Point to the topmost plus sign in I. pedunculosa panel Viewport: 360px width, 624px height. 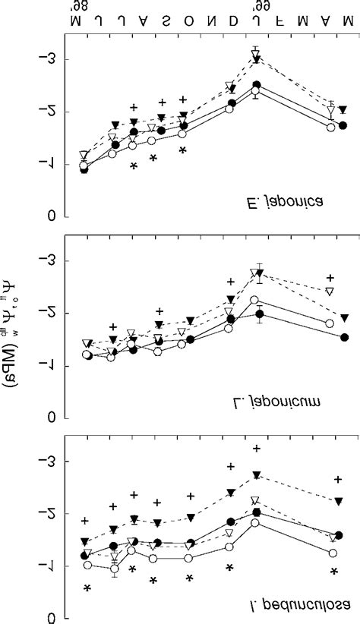coord(257,449)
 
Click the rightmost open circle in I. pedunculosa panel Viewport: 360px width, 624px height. coord(333,553)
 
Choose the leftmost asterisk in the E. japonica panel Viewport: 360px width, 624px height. coord(133,167)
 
